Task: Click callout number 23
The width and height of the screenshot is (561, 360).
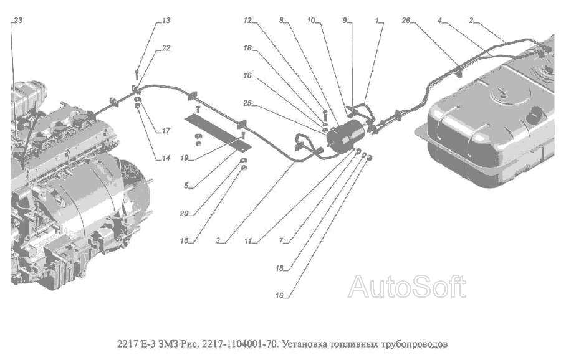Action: pyautogui.click(x=18, y=20)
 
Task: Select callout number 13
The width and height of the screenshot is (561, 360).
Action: pyautogui.click(x=166, y=20)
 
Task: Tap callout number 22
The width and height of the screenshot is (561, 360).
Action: pyautogui.click(x=166, y=48)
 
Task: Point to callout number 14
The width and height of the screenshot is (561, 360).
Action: pyautogui.click(x=166, y=158)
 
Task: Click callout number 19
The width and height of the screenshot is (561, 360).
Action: pyautogui.click(x=185, y=158)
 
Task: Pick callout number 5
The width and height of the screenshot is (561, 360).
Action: pyautogui.click(x=186, y=186)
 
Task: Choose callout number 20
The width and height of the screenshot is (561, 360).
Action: pyautogui.click(x=184, y=214)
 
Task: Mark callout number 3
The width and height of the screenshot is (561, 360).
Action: pyautogui.click(x=218, y=240)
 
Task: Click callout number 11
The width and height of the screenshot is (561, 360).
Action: pyautogui.click(x=248, y=240)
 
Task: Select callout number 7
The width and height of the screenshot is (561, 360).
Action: pyautogui.click(x=281, y=240)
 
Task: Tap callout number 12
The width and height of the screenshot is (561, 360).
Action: pyautogui.click(x=247, y=20)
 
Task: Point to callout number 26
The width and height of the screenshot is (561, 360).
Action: pyautogui.click(x=406, y=20)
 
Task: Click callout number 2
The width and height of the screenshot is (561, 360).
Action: pyautogui.click(x=471, y=20)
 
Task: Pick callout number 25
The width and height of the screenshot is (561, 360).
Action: pyautogui.click(x=247, y=103)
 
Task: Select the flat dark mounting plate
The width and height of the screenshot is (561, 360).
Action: pyautogui.click(x=218, y=132)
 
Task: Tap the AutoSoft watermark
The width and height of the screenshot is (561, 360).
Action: pyautogui.click(x=407, y=286)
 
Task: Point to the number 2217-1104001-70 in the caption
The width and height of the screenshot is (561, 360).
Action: pyautogui.click(x=240, y=344)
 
